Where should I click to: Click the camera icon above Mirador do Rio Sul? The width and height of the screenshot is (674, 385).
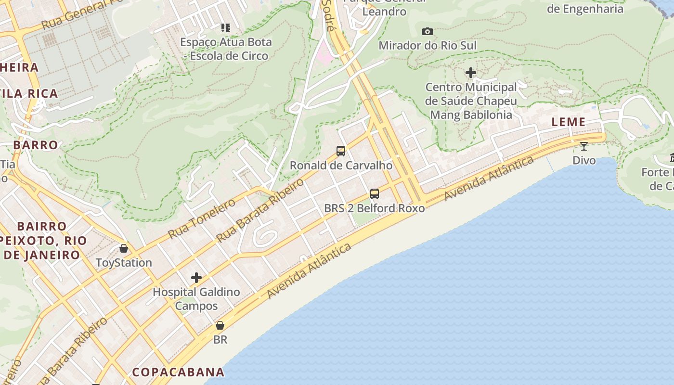point(427,32)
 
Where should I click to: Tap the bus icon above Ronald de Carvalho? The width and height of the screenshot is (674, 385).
point(341,151)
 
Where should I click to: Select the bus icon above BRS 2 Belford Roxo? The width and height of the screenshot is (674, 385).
point(375,194)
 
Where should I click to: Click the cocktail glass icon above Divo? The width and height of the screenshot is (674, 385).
point(584,146)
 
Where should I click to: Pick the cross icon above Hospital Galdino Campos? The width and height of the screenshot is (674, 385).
point(196,278)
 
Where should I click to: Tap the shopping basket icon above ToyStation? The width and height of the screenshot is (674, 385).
point(124,248)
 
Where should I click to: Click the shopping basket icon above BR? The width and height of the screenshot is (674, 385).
point(220,325)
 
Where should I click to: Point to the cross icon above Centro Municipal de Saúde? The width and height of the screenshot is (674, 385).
point(471,73)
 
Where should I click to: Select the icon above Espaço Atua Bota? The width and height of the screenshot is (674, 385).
point(226,28)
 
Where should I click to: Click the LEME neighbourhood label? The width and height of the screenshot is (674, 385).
point(569,122)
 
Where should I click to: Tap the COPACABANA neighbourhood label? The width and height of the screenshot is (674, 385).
point(178,372)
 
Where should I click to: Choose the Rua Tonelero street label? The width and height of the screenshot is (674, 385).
point(202,218)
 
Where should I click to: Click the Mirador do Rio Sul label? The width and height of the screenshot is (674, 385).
point(428,46)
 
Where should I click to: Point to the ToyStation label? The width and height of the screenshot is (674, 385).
point(124,263)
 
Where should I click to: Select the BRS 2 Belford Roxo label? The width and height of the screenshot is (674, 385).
point(374,208)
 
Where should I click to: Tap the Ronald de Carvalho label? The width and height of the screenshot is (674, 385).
point(341,166)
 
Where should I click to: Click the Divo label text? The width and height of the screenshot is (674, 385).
point(584,160)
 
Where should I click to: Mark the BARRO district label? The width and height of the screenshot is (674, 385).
point(36,145)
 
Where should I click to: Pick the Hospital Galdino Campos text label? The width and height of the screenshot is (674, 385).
point(196,299)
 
